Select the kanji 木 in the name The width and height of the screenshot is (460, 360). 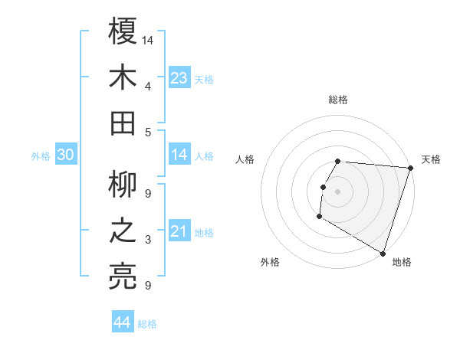tap(123, 77)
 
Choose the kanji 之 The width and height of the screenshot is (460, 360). tap(123, 231)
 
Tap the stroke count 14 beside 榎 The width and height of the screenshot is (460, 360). tap(148, 40)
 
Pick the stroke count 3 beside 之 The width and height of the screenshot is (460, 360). tap(148, 240)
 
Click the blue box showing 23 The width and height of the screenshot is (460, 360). tap(179, 77)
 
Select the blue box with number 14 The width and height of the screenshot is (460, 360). tap(179, 155)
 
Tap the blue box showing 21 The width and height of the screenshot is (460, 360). tap(179, 231)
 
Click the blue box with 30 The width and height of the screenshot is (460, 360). tap(66, 155)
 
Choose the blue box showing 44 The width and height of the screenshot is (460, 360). tap(122, 322)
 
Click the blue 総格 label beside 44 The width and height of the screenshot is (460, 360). tap(147, 324)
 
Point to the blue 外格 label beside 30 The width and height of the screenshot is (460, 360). tap(41, 156)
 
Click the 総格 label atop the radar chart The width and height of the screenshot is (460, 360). tap(337, 100)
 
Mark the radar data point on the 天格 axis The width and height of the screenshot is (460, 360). tap(410, 168)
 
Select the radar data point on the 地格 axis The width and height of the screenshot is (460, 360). tap(382, 252)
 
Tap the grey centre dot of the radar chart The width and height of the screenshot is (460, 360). tap(337, 191)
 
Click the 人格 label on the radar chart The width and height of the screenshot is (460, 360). tap(245, 159)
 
